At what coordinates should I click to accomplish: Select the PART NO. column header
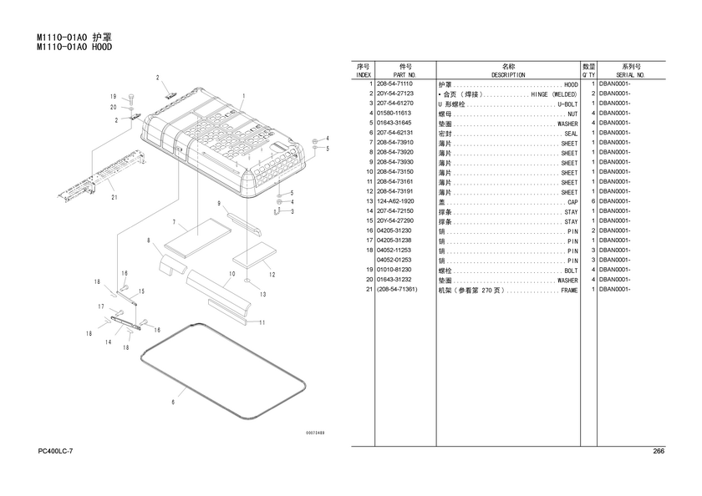(x=405, y=75)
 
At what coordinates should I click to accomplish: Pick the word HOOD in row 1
(x=571, y=85)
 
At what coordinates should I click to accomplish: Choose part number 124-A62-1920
(x=394, y=201)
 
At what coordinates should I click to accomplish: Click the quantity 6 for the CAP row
(x=592, y=201)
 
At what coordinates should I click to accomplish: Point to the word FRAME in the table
(x=568, y=290)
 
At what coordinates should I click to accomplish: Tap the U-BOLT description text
(x=567, y=104)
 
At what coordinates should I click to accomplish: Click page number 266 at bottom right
(x=658, y=452)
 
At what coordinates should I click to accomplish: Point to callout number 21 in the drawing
(x=114, y=198)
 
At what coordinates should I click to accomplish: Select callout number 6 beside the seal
(x=173, y=402)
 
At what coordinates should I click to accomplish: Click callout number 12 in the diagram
(x=272, y=274)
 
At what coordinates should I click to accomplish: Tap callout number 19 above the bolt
(x=112, y=97)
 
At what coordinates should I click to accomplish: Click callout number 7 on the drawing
(x=173, y=223)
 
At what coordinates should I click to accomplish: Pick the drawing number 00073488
(x=314, y=433)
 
